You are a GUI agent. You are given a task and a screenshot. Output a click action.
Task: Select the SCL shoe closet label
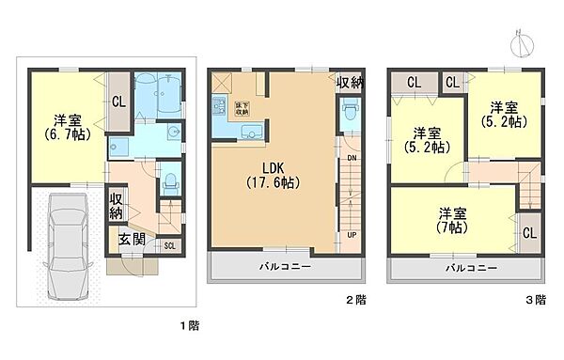168,246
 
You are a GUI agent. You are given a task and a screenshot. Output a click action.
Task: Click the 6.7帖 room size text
66,135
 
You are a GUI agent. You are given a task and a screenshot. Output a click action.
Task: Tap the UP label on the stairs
352,234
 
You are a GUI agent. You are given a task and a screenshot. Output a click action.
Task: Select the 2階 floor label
354,300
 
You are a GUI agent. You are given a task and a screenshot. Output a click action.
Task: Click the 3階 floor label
534,300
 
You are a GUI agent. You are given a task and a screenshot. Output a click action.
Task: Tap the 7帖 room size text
452,227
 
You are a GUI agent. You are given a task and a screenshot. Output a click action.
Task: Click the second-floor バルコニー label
285,267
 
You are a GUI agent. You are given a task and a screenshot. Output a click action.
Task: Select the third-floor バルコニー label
466,267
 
